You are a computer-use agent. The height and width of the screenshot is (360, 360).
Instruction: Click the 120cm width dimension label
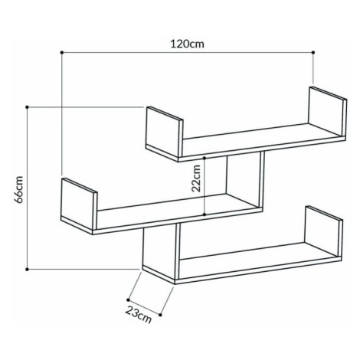[x=188, y=44]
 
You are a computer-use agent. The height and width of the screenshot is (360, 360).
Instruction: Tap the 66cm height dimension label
[x=19, y=189]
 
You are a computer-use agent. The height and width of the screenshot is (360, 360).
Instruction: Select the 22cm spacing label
[x=196, y=178]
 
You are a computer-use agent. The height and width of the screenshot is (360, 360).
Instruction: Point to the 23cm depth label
[x=139, y=314]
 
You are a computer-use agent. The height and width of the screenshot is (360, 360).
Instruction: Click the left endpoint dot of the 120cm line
[x=62, y=52]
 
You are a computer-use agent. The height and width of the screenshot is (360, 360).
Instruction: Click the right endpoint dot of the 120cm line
[x=313, y=52]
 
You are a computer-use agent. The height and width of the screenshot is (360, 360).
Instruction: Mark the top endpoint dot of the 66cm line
[x=27, y=107]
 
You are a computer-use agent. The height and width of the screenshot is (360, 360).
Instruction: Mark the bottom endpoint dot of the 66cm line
[x=27, y=269]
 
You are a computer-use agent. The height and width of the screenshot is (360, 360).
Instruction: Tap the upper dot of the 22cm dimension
[x=205, y=158]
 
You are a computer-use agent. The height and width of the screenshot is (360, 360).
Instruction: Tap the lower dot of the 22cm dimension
[x=205, y=214]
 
